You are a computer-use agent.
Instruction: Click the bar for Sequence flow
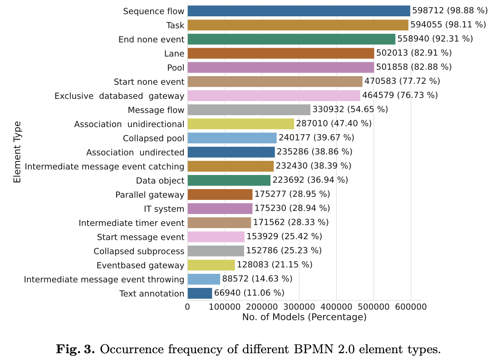[299, 11]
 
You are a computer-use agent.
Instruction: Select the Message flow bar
[249, 110]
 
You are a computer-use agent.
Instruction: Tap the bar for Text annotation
[200, 293]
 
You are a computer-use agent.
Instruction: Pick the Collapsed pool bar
[232, 138]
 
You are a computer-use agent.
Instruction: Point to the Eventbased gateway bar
[211, 265]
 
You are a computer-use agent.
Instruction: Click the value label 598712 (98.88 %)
[449, 11]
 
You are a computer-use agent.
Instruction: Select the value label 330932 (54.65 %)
[350, 110]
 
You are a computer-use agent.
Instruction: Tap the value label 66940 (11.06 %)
[249, 293]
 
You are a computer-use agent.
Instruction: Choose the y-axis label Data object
[160, 180]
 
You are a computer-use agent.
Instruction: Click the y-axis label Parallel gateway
[150, 195]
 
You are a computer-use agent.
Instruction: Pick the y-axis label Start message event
[141, 237]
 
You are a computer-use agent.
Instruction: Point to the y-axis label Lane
[174, 54]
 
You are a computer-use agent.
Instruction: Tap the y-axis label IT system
[164, 209]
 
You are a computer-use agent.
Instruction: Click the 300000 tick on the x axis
[299, 307]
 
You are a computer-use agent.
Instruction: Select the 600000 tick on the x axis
[411, 307]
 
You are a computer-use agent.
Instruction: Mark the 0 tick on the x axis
[187, 307]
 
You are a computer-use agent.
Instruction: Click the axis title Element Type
[17, 152]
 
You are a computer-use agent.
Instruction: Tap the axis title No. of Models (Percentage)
[304, 317]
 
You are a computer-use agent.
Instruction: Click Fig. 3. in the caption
[75, 350]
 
